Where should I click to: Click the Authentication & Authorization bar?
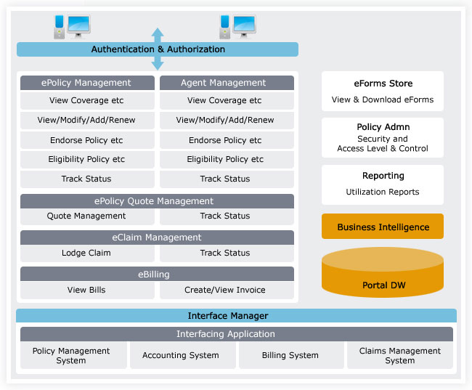158,49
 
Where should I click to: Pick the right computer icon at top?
237,27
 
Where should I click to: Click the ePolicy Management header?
87,83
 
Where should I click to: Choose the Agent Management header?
227,83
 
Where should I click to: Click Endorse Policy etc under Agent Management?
227,140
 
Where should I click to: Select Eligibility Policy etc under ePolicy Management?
87,160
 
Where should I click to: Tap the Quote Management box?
87,216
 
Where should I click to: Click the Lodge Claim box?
87,253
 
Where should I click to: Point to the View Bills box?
87,290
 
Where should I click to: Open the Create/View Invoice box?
227,290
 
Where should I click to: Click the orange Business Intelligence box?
383,227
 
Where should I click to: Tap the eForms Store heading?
383,84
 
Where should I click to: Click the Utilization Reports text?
383,192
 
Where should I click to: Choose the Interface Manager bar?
228,316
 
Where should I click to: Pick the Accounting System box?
181,355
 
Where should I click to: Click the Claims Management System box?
399,355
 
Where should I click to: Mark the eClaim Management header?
157,237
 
